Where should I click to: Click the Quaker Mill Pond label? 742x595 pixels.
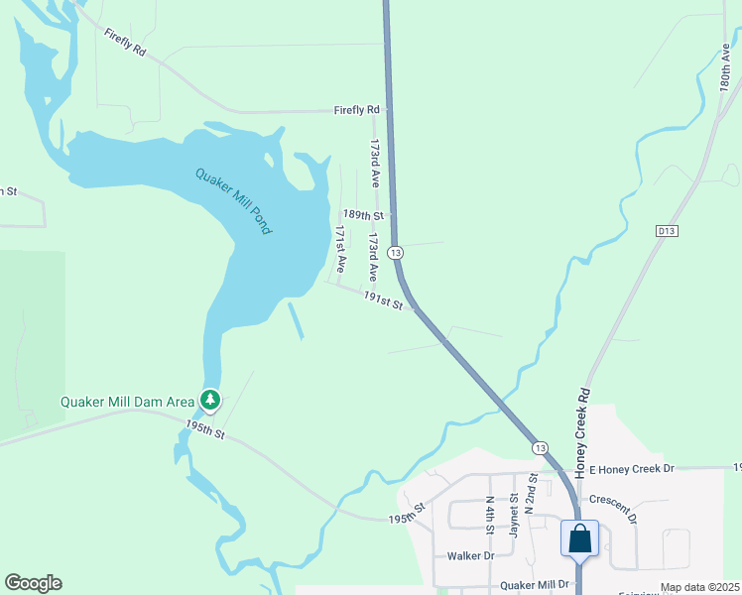233,200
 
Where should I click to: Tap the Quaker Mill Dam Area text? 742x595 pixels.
127,402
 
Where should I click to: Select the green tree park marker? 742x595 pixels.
210,401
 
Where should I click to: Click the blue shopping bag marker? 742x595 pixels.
579,539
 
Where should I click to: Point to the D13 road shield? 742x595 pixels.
667,231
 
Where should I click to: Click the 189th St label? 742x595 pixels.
363,214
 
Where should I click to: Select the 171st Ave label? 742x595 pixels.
340,249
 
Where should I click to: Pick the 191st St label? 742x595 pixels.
383,300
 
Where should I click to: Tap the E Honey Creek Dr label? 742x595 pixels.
631,468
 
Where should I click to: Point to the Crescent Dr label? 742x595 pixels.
614,509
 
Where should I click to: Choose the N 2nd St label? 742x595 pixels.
532,491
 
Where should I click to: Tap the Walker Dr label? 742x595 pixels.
470,556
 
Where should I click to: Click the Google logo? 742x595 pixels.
33,583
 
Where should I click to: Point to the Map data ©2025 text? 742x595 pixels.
699,587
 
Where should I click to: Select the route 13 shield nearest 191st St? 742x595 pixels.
396,253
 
